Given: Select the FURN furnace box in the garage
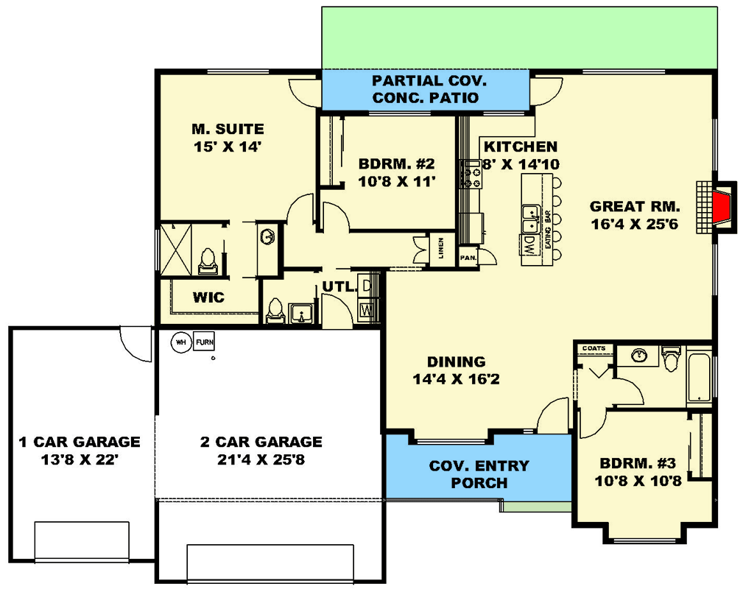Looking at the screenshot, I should pos(204,342).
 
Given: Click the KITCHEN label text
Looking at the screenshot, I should pos(521,147).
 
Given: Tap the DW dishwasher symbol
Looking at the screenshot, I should pos(529,244).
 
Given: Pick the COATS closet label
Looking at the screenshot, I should pos(594,348).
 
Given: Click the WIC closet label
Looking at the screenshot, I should pos(208,298).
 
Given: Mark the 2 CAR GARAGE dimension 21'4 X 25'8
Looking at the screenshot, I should pos(261,460).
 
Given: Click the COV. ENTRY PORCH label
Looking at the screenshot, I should pos(479,474).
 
